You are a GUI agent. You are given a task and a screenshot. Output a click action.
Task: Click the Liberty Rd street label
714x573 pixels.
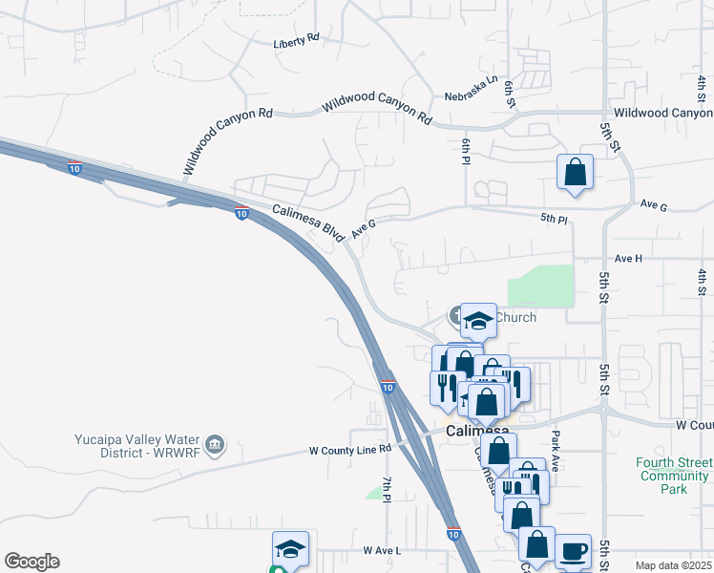[295, 43]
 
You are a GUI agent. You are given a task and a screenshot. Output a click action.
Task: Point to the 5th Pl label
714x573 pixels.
[554, 219]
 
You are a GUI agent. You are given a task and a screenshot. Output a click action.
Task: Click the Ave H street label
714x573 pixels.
[629, 258]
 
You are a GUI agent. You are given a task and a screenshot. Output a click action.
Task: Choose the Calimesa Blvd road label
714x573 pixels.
[307, 221]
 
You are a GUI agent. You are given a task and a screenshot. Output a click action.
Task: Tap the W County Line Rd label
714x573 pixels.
[350, 449]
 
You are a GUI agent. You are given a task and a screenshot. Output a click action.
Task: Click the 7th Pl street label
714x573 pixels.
[388, 489]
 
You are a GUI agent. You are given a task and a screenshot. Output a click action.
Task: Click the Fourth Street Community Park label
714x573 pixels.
[674, 476]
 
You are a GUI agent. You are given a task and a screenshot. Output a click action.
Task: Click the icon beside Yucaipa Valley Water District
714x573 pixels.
[216, 443]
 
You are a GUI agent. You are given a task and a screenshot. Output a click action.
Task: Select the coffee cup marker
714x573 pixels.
[573, 551]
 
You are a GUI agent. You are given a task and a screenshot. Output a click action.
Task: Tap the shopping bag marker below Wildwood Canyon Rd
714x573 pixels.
[576, 173]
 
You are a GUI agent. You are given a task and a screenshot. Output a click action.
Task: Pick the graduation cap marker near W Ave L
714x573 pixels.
[290, 549]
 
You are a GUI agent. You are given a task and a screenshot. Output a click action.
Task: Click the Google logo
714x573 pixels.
[31, 562]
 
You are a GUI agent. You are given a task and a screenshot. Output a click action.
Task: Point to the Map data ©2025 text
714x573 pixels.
[673, 565]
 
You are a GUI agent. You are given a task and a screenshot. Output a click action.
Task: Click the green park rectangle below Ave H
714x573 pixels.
[541, 286]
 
